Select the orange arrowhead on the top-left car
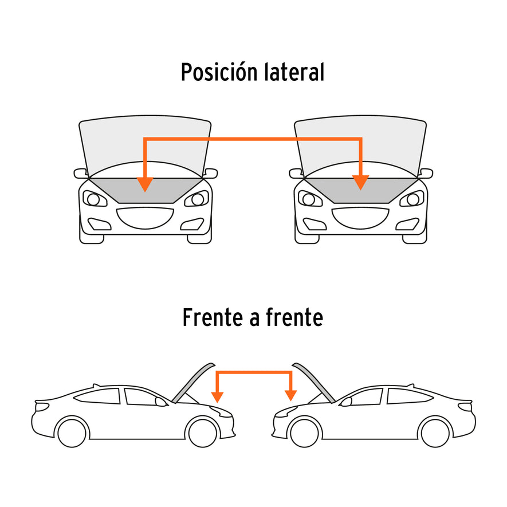pyautogui.click(x=145, y=184)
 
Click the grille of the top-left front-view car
pyautogui.click(x=145, y=218)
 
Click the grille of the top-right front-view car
pyautogui.click(x=360, y=218)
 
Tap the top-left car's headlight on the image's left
pyautogui.click(x=95, y=199)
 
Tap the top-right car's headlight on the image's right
pyautogui.click(x=411, y=199)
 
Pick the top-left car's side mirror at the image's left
pyautogui.click(x=81, y=174)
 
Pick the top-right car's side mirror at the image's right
pyautogui.click(x=426, y=174)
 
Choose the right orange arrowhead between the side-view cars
pyautogui.click(x=290, y=395)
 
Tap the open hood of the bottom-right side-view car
pyautogui.click(x=313, y=383)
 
